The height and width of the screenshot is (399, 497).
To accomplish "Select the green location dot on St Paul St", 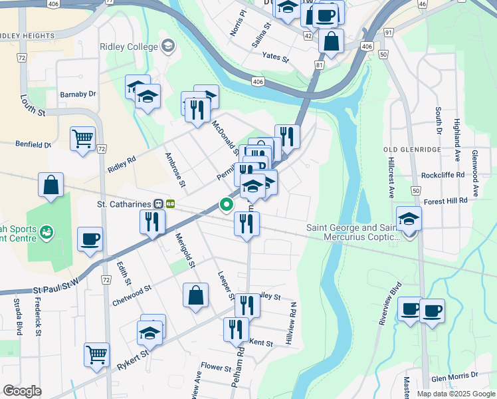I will click(227, 205).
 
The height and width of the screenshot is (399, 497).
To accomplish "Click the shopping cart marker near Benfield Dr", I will click(83, 140).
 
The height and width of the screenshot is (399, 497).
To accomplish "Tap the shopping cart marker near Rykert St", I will click(96, 354).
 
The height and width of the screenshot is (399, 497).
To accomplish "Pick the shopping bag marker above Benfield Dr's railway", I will click(51, 186).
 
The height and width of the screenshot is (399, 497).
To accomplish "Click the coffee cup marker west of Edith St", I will click(90, 239).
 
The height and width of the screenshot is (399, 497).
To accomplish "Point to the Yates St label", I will click(276, 58).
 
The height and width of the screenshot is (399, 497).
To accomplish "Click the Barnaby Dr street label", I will click(78, 94).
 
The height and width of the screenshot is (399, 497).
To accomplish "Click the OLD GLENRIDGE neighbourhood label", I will click(413, 150).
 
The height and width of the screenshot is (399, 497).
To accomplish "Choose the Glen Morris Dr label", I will click(454, 376).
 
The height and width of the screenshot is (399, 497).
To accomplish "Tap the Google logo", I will click(22, 391).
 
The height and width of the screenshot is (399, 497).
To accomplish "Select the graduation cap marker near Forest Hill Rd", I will click(409, 218).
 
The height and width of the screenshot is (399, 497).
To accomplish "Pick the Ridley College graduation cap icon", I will click(167, 46).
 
